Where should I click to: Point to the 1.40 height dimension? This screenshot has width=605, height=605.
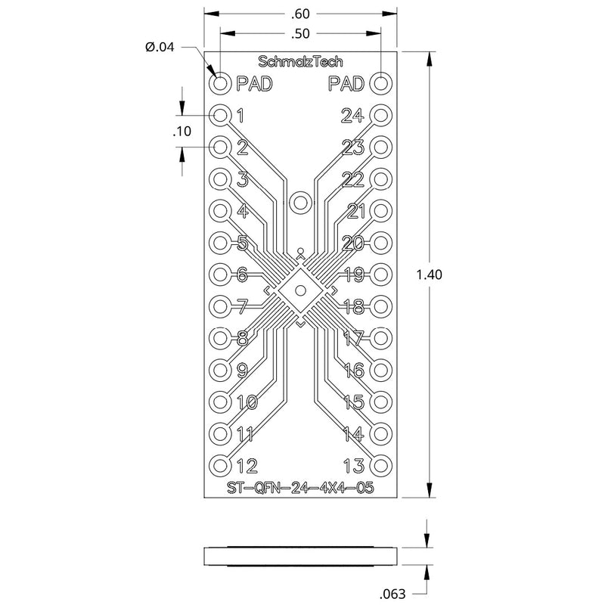[x=429, y=275]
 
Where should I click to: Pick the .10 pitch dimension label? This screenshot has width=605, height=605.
[x=181, y=132]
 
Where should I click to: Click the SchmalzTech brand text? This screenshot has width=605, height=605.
[x=300, y=61]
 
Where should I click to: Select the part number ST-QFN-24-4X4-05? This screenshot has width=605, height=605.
[x=300, y=489]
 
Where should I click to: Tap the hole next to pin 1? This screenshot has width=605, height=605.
[x=220, y=115]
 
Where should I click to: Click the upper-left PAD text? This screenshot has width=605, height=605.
[x=254, y=83]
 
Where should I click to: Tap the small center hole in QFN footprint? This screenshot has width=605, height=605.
[x=300, y=290]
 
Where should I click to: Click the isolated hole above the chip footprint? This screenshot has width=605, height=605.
[x=300, y=203]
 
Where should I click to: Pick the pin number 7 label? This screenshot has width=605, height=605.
[x=242, y=306]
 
